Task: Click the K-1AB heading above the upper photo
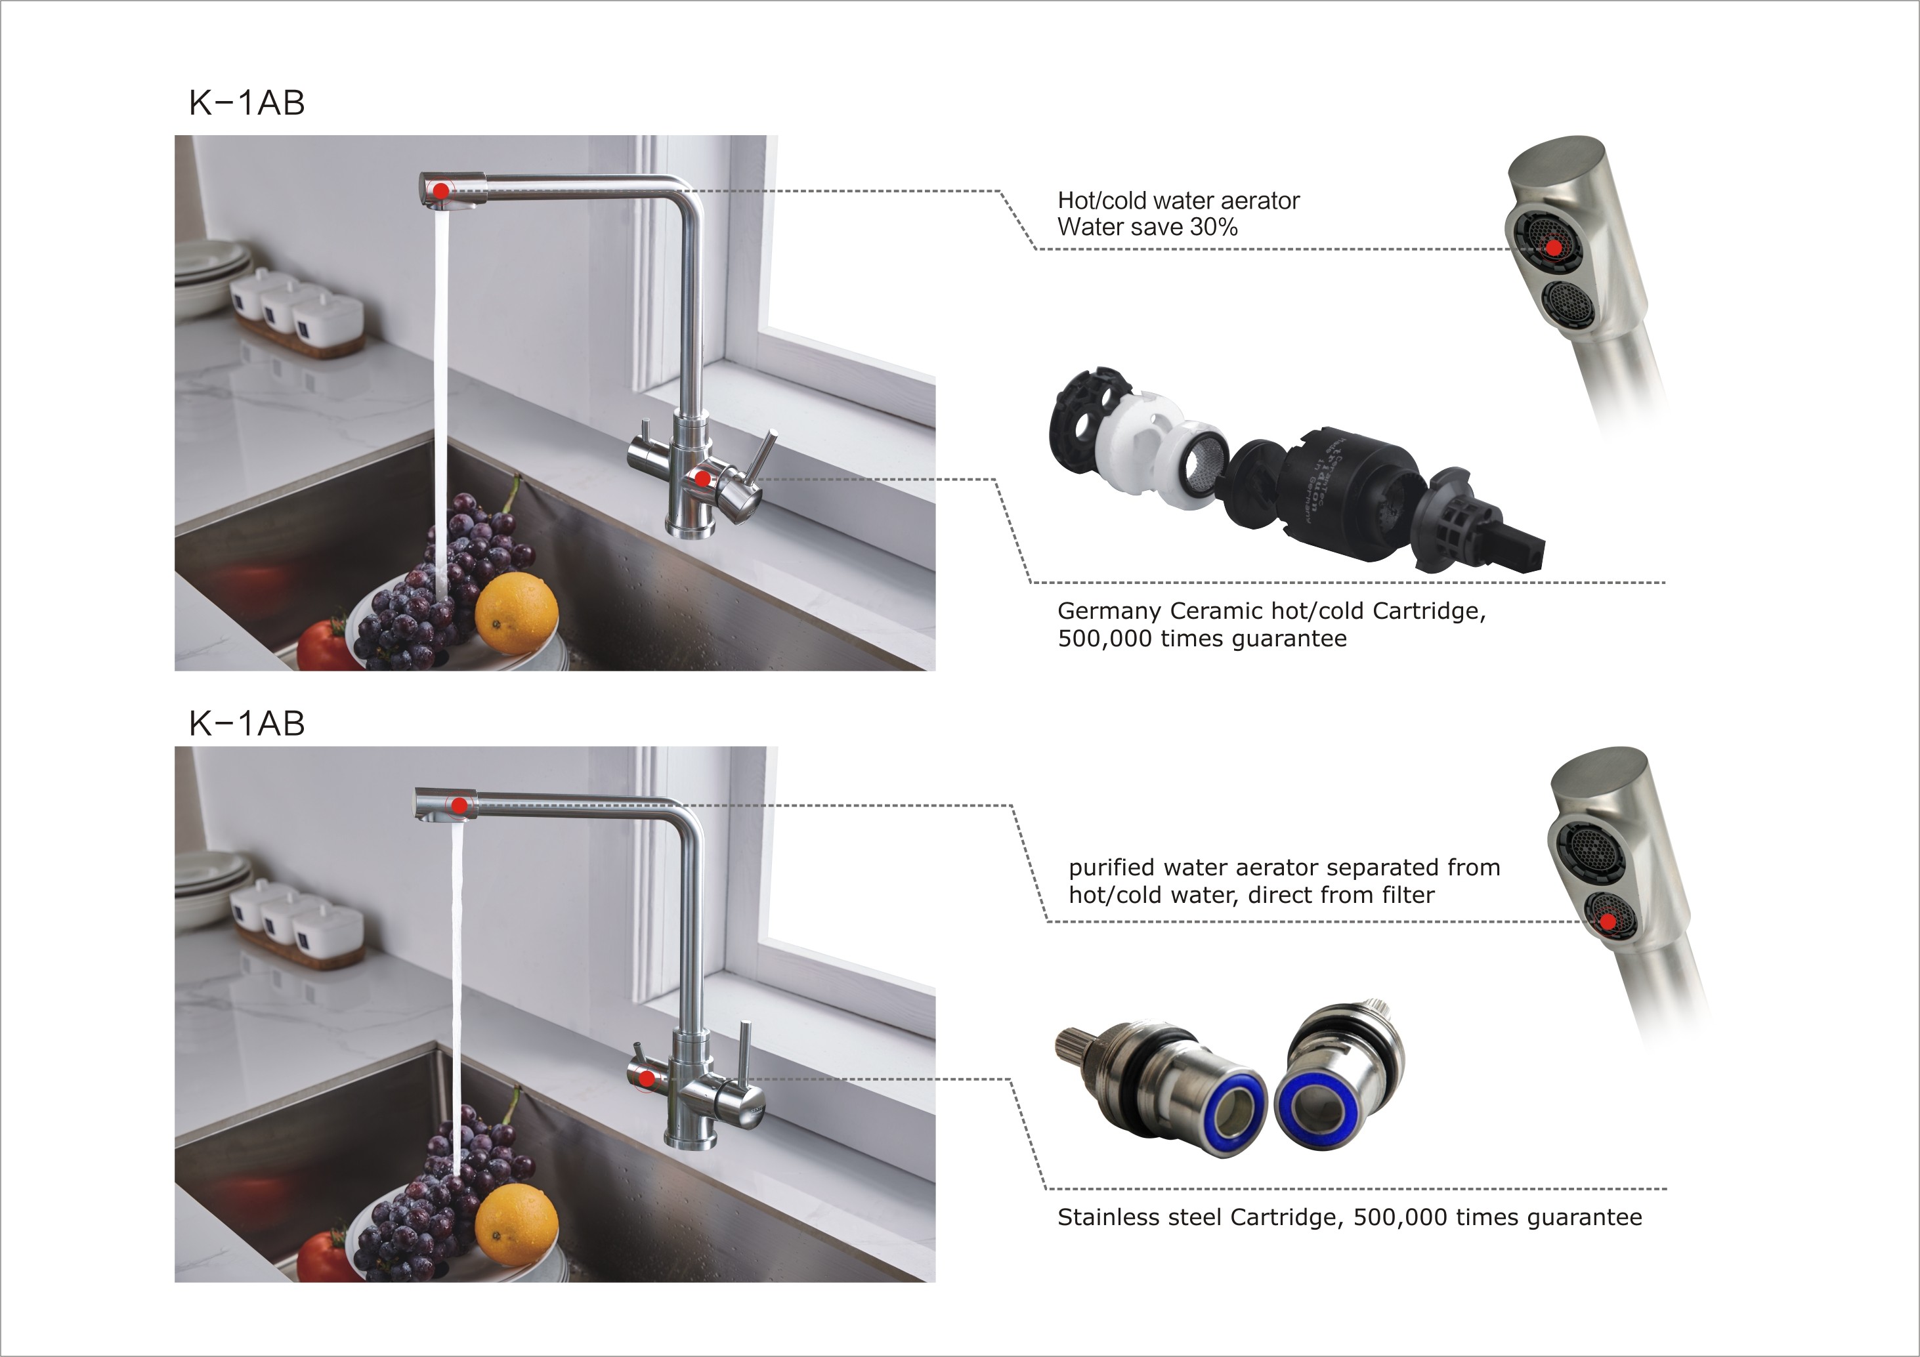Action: point(247,103)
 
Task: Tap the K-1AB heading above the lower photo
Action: point(247,723)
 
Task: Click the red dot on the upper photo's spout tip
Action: point(440,192)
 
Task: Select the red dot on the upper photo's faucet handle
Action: point(702,479)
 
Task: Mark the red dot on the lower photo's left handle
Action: point(647,1079)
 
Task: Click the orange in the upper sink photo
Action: point(516,613)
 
